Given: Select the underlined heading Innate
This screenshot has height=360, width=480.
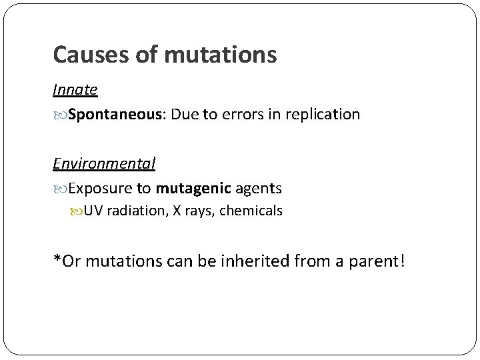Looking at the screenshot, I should (x=75, y=89).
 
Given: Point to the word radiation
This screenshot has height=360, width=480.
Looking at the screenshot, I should (x=130, y=211).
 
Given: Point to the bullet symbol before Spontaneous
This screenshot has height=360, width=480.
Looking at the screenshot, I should (x=59, y=115).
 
